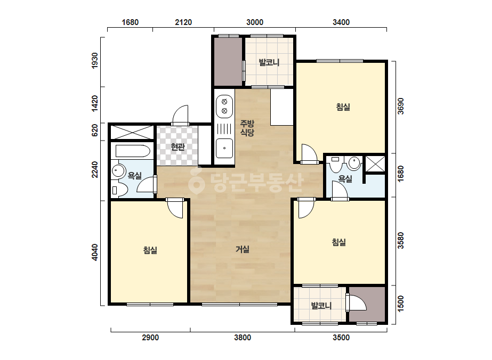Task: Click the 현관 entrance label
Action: click(178, 147)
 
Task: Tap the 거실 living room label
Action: click(243, 249)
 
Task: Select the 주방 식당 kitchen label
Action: click(247, 128)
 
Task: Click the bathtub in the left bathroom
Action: click(133, 151)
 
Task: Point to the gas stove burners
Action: click(224, 107)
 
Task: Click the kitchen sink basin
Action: click(224, 148)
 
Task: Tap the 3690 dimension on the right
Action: click(401, 107)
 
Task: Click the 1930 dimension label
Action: click(94, 61)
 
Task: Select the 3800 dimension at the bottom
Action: click(243, 338)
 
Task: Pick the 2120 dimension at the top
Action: click(183, 22)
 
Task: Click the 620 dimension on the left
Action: click(94, 130)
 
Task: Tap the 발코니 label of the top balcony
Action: click(269, 62)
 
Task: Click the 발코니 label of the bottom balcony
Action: click(321, 306)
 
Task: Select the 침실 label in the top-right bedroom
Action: click(343, 107)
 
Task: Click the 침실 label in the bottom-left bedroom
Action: click(150, 250)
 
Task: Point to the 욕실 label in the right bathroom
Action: click(345, 179)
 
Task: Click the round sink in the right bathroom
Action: click(354, 162)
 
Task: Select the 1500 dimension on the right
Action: click(401, 304)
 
